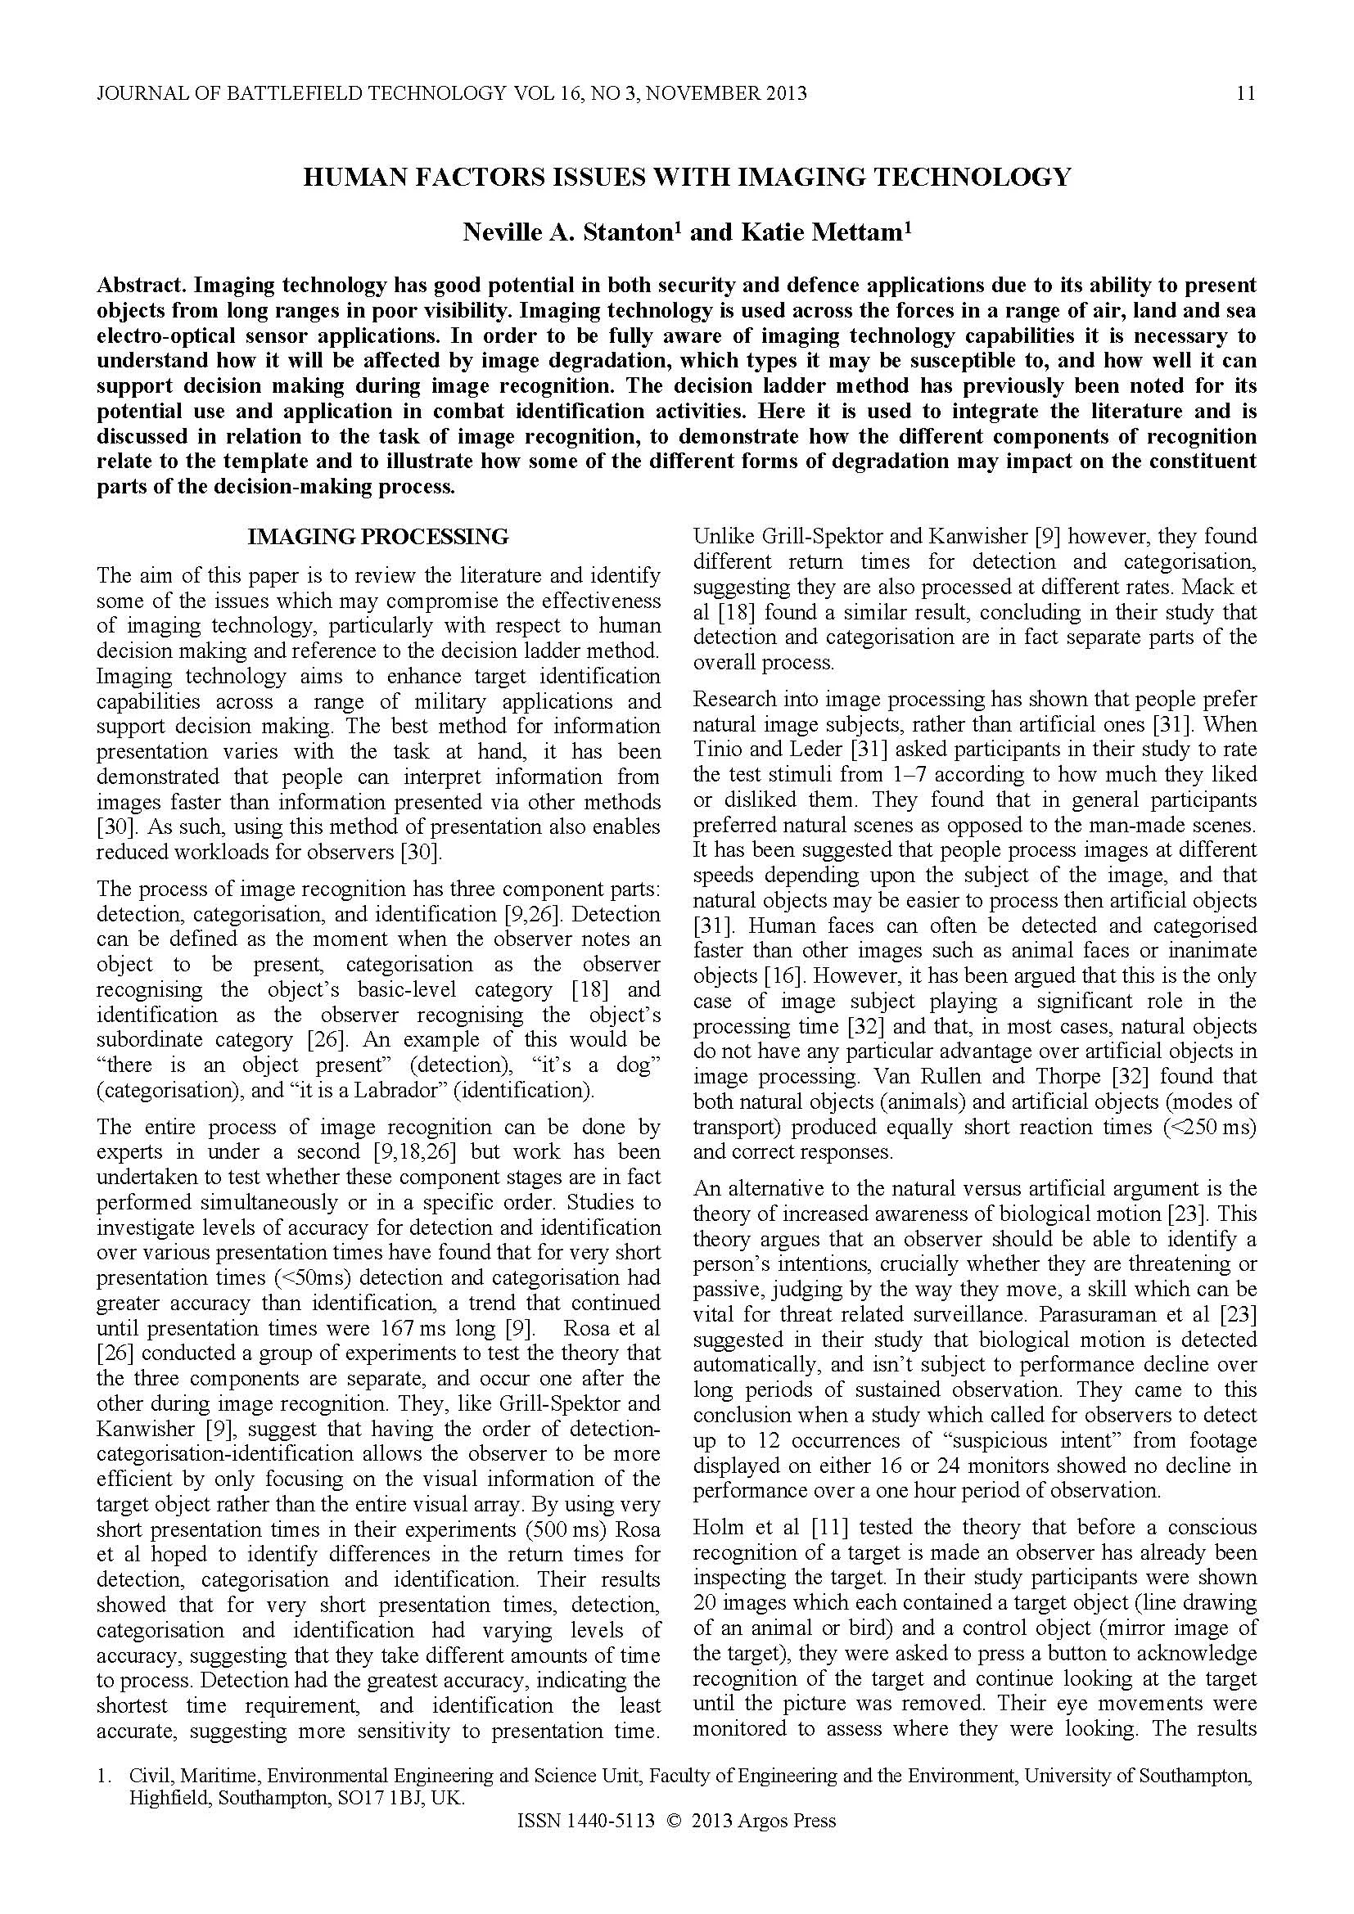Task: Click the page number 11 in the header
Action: [x=1246, y=93]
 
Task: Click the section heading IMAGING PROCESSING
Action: [x=377, y=537]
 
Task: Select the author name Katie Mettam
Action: [x=820, y=232]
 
